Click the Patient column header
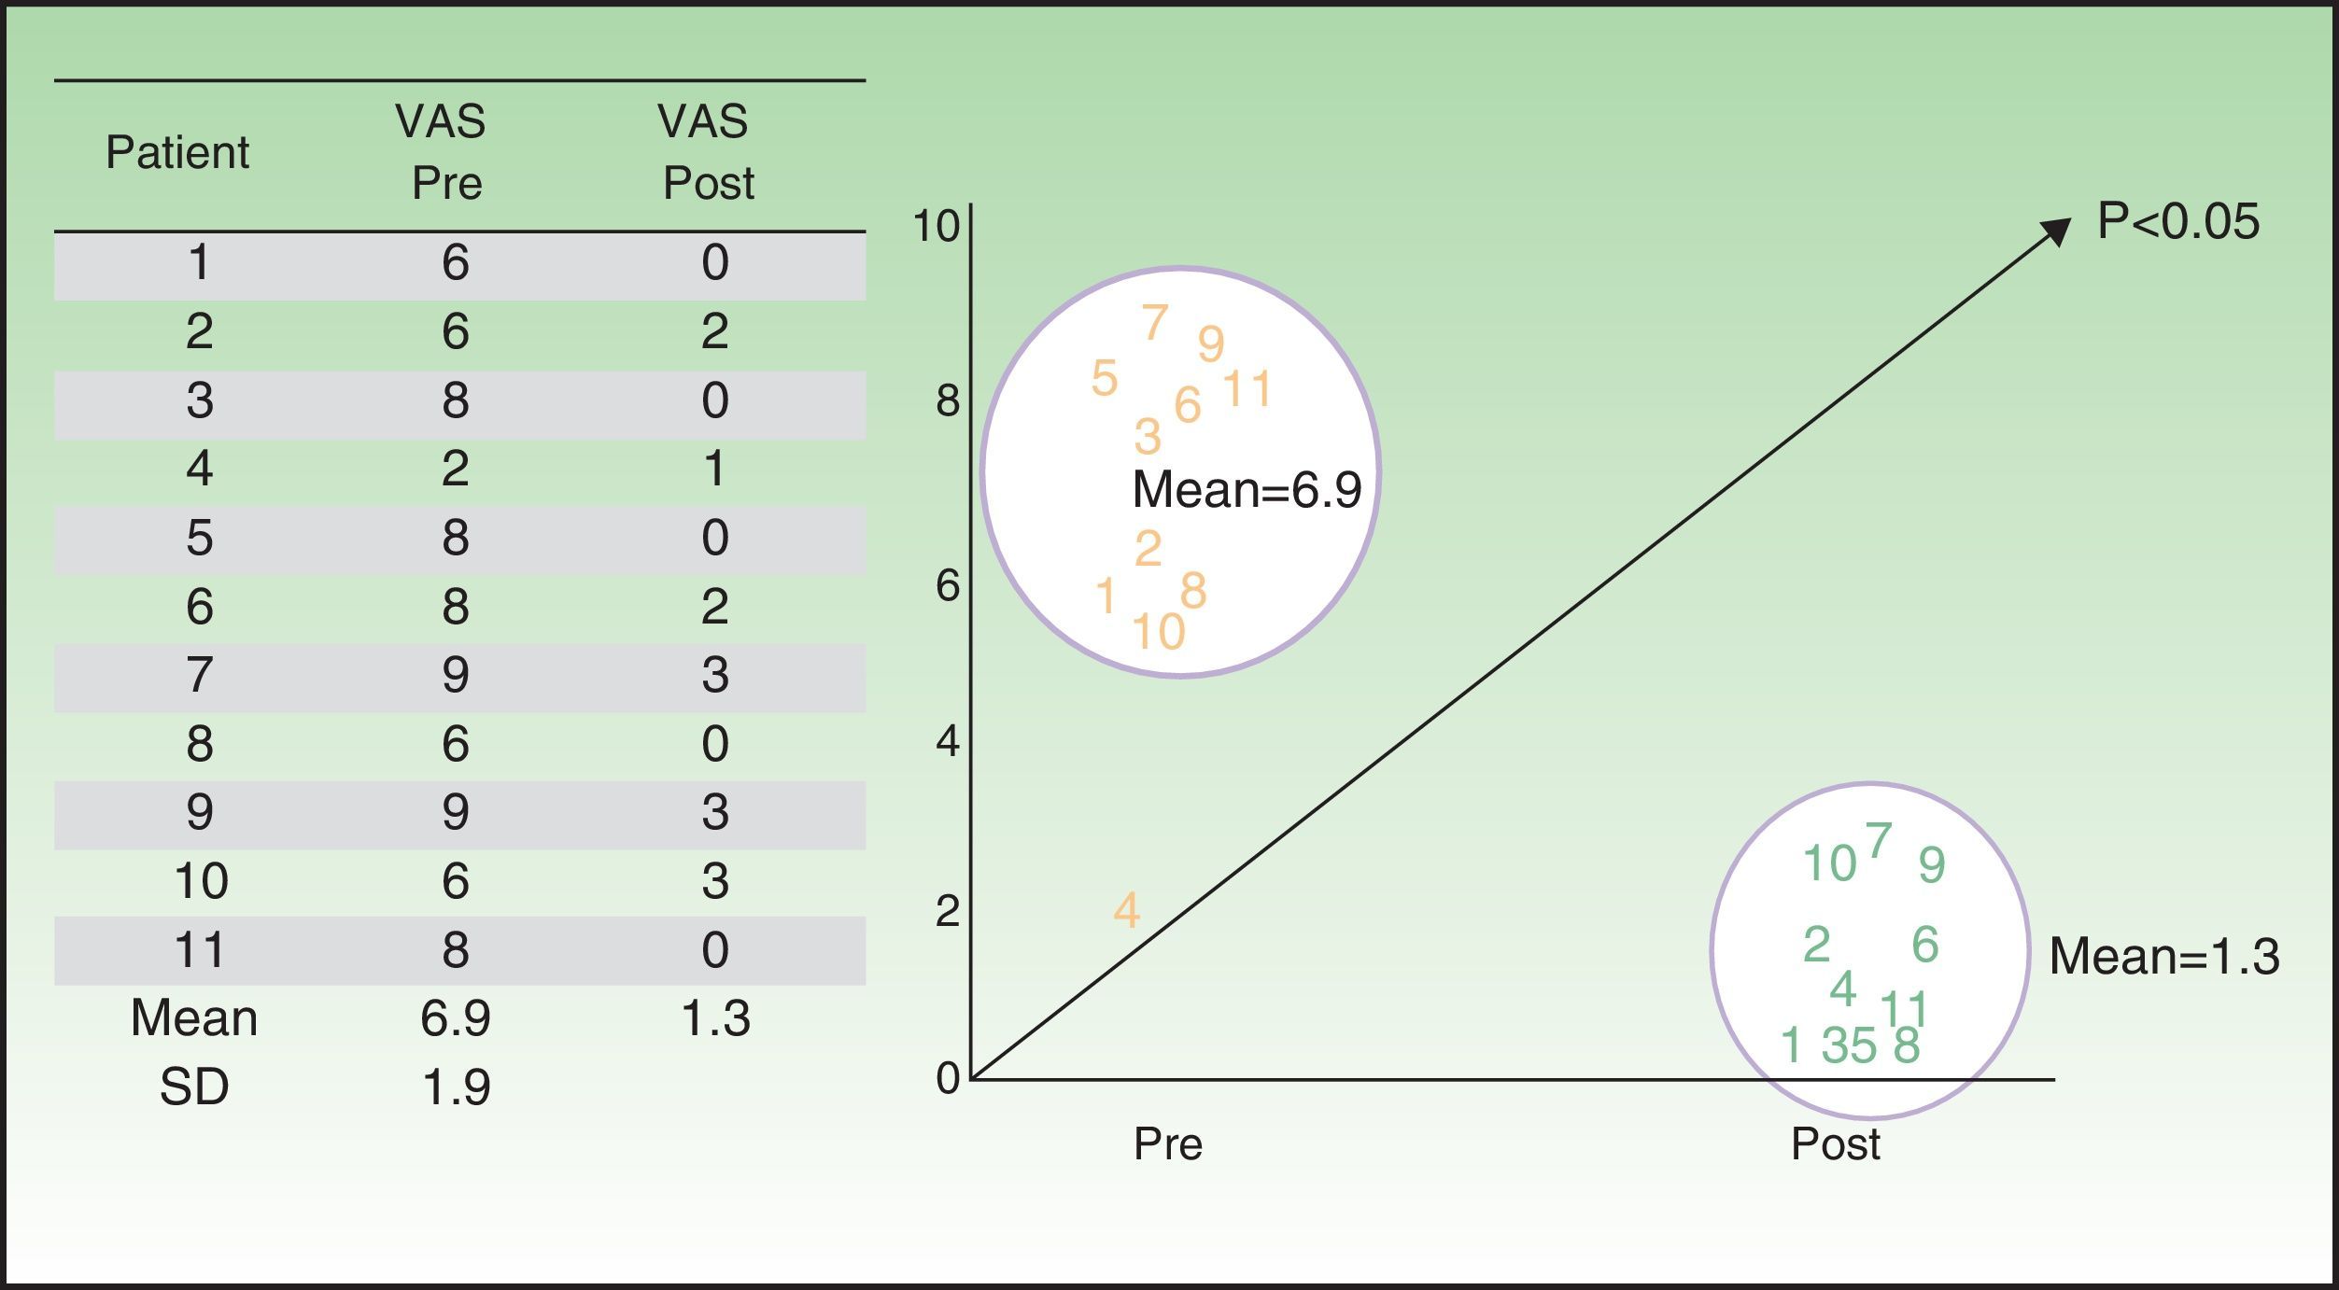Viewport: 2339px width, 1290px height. click(177, 152)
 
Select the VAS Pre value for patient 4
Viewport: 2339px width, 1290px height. click(455, 468)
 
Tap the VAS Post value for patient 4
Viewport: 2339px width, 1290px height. click(714, 468)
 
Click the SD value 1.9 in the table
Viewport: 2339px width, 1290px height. click(456, 1087)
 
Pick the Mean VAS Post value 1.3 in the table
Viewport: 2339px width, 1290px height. click(715, 1018)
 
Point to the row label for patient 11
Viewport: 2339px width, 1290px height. click(200, 950)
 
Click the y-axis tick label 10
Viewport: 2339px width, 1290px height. click(936, 226)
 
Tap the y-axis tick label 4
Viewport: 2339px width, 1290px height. click(947, 741)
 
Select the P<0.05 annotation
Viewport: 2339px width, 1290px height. click(2177, 222)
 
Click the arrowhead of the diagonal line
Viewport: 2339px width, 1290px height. click(2056, 231)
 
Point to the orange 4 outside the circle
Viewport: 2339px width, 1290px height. click(1127, 910)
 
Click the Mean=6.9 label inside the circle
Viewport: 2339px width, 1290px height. click(1247, 489)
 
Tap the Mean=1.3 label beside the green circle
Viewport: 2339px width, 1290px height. click(2163, 957)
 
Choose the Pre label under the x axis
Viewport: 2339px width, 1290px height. click(1167, 1143)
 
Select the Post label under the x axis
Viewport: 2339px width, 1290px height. click(1835, 1143)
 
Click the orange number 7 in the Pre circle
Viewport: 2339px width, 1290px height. click(1155, 323)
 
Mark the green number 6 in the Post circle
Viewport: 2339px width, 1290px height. click(1925, 945)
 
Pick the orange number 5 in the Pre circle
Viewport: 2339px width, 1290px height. click(1105, 379)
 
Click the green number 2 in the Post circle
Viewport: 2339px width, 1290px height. click(1816, 945)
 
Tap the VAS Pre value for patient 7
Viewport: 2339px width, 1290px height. click(455, 675)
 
